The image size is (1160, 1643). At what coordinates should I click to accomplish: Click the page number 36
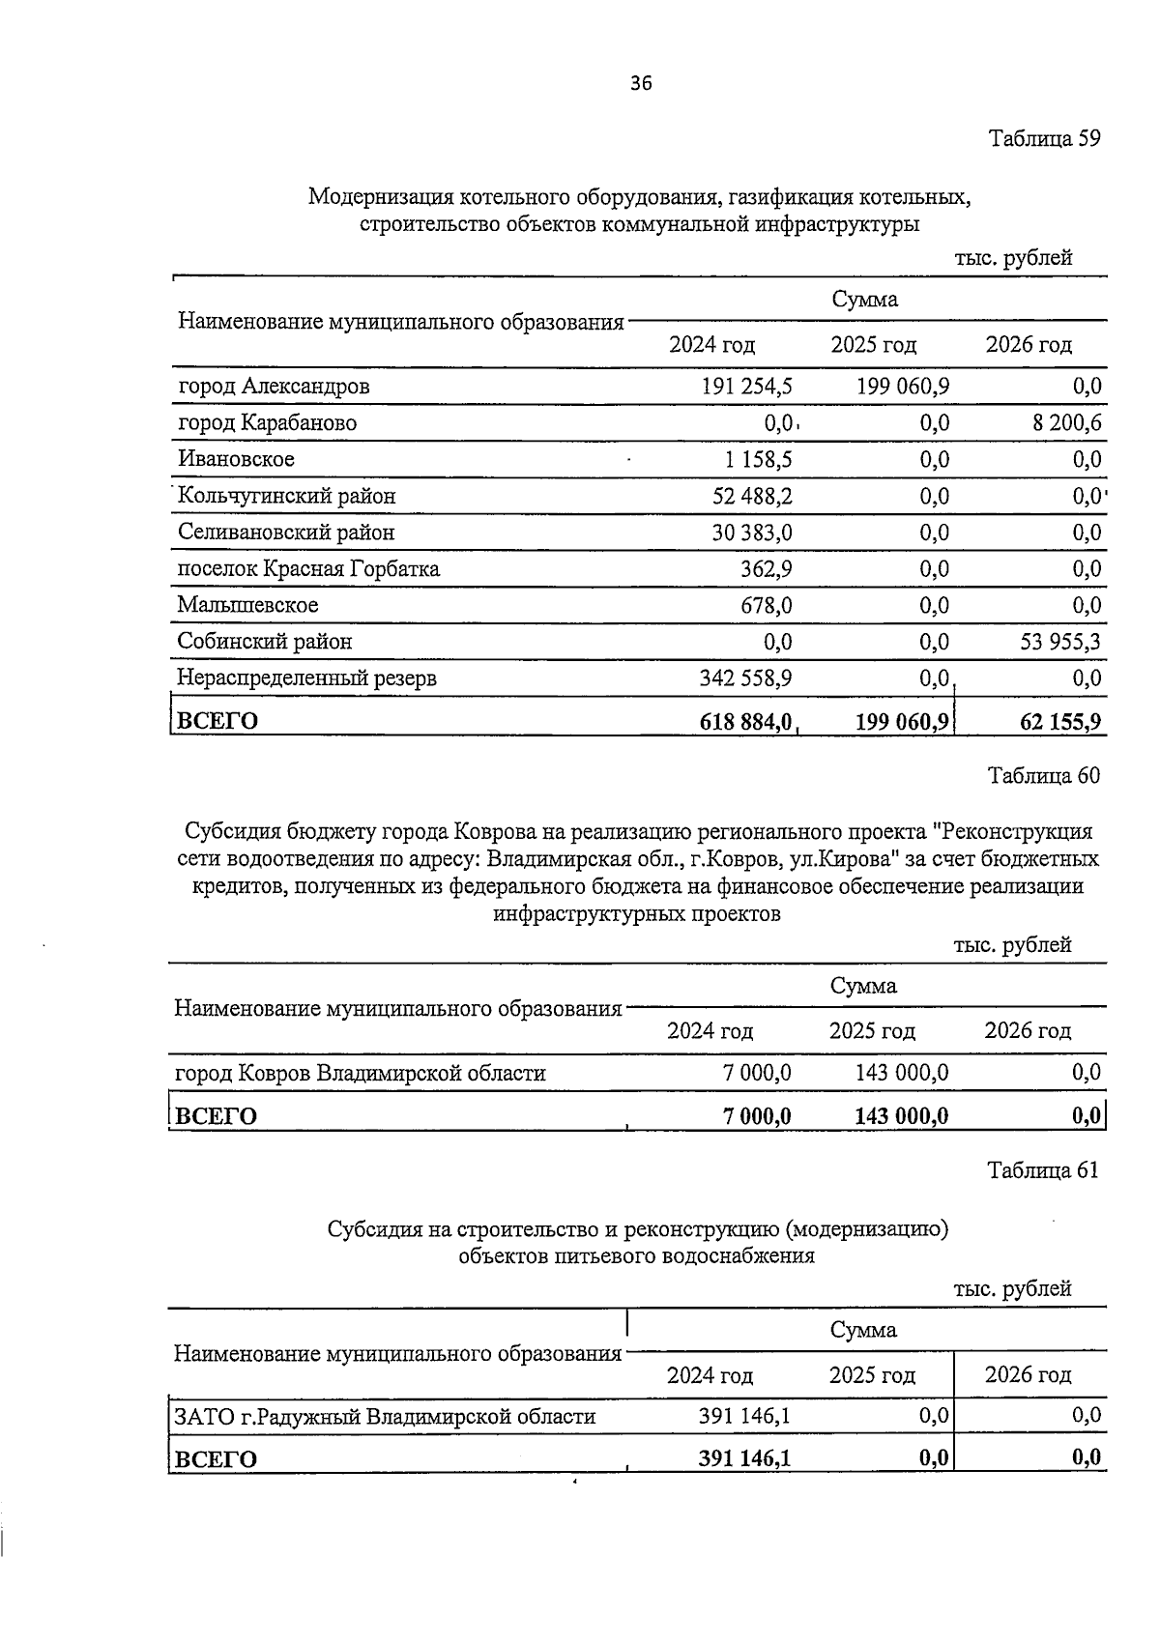[x=641, y=83]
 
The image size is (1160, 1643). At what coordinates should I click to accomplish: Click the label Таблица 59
[x=1044, y=138]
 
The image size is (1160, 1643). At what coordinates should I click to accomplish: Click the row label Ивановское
[x=236, y=459]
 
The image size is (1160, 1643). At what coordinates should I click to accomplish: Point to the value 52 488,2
[x=752, y=496]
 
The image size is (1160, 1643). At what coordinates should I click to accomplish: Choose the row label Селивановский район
[x=286, y=533]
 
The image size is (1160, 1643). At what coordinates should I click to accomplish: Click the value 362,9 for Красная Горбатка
[x=767, y=568]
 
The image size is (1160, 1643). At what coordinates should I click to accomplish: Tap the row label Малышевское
[x=247, y=605]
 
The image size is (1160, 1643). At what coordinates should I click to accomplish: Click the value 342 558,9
[x=745, y=678]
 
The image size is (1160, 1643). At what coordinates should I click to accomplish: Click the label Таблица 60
[x=1043, y=775]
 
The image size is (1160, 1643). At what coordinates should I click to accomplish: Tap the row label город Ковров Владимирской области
[x=360, y=1073]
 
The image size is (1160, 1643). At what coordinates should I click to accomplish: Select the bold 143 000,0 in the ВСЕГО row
[x=901, y=1116]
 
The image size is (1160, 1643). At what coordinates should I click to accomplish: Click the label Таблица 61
[x=1043, y=1170]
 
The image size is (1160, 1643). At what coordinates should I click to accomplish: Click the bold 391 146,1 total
[x=744, y=1458]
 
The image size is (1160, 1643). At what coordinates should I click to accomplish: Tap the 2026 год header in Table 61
[x=1028, y=1374]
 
